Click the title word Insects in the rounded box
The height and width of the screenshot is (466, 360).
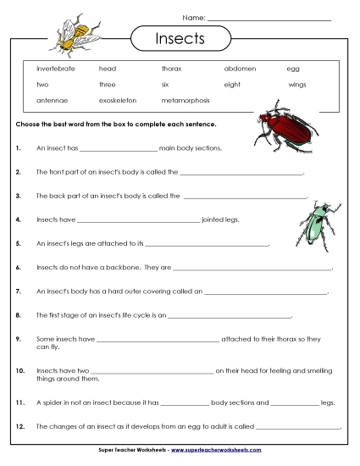point(180,39)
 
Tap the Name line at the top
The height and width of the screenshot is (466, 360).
point(269,19)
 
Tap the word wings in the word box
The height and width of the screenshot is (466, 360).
point(296,84)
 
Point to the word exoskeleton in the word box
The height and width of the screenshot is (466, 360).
point(119,101)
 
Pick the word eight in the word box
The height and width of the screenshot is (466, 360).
point(232,84)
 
